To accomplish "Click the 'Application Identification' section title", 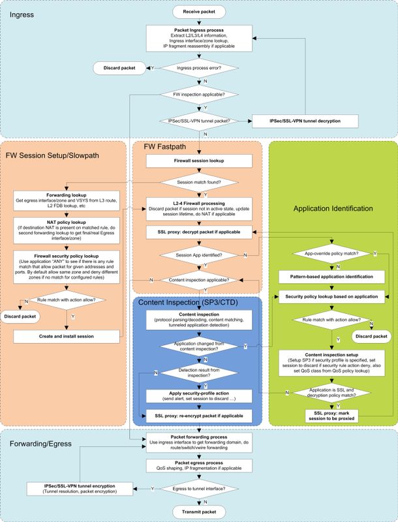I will [333, 209].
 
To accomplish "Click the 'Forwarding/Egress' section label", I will [40, 444].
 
